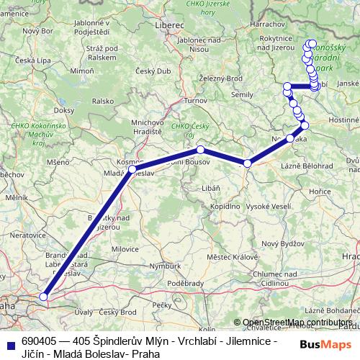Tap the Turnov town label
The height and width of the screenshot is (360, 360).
click(194, 102)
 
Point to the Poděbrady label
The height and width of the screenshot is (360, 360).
click(184, 283)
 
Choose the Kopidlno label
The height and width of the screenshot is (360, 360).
click(225, 206)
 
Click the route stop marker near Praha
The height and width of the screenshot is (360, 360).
click(44, 296)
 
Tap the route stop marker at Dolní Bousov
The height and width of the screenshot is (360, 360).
click(201, 150)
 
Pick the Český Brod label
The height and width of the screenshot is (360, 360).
click(118, 312)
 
